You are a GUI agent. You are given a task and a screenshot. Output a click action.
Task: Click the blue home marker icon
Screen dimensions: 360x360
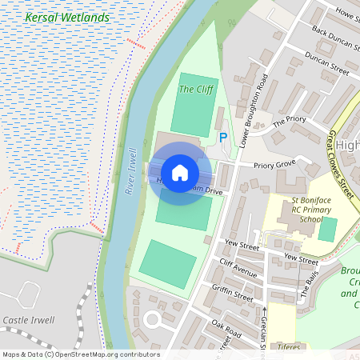click(180, 173)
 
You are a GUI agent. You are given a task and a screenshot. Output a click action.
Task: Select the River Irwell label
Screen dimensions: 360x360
click(132, 169)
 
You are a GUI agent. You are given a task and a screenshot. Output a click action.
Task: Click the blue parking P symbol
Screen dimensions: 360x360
click(223, 138)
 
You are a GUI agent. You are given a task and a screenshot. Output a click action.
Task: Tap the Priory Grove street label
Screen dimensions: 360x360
click(274, 166)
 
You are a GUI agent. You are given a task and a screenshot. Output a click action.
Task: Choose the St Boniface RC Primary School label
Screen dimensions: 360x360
click(294, 210)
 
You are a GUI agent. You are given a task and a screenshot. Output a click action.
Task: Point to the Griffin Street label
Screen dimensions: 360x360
click(233, 294)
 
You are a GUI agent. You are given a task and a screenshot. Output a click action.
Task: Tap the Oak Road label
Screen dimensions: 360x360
click(227, 329)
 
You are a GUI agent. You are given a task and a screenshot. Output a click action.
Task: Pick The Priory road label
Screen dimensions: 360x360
click(290, 122)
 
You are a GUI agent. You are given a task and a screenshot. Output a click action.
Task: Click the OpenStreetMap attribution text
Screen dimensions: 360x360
click(80, 354)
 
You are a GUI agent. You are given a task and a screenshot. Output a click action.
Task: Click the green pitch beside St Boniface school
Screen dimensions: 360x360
click(327, 230)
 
